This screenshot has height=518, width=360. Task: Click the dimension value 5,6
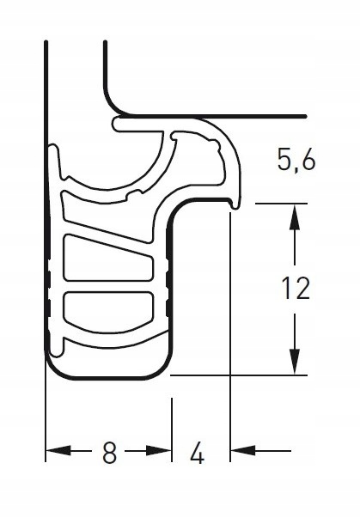pyautogui.click(x=295, y=161)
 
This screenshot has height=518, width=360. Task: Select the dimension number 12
pyautogui.click(x=295, y=289)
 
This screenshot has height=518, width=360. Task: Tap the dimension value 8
pyautogui.click(x=109, y=453)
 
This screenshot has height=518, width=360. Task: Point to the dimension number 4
pyautogui.click(x=197, y=453)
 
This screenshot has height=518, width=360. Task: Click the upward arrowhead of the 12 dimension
pyautogui.click(x=295, y=215)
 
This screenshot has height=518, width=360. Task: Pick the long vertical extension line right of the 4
pyautogui.click(x=230, y=344)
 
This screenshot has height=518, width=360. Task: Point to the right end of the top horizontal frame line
pyautogui.click(x=305, y=115)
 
